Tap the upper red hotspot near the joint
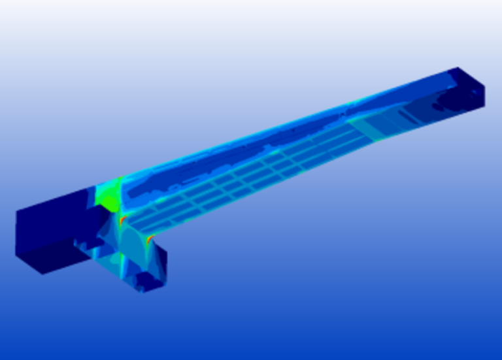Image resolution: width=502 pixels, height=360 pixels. pyautogui.click(x=123, y=220)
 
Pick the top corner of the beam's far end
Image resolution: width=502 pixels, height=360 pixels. pyautogui.click(x=458, y=67)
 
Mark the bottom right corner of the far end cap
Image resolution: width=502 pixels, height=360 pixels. pyautogui.click(x=484, y=105)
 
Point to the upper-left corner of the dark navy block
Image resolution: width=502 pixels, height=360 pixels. pyautogui.click(x=16, y=212)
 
